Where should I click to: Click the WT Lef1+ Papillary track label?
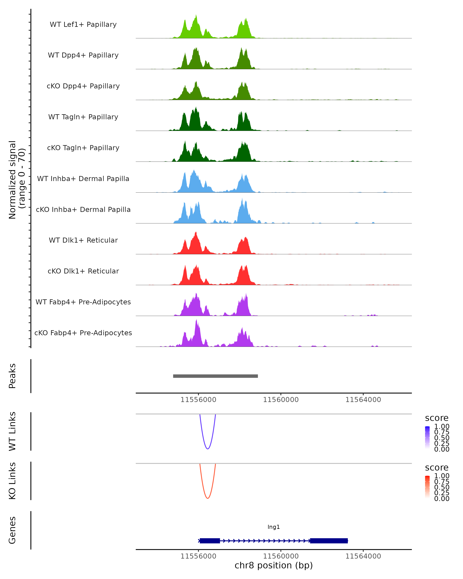83,25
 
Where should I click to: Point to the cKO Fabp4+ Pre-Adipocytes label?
83,333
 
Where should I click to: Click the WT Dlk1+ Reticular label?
83,240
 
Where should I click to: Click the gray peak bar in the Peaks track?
215,376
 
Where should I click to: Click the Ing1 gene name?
274,527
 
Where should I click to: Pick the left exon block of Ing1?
210,541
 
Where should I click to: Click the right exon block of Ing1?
329,541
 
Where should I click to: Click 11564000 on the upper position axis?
363,400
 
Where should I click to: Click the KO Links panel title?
12,481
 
